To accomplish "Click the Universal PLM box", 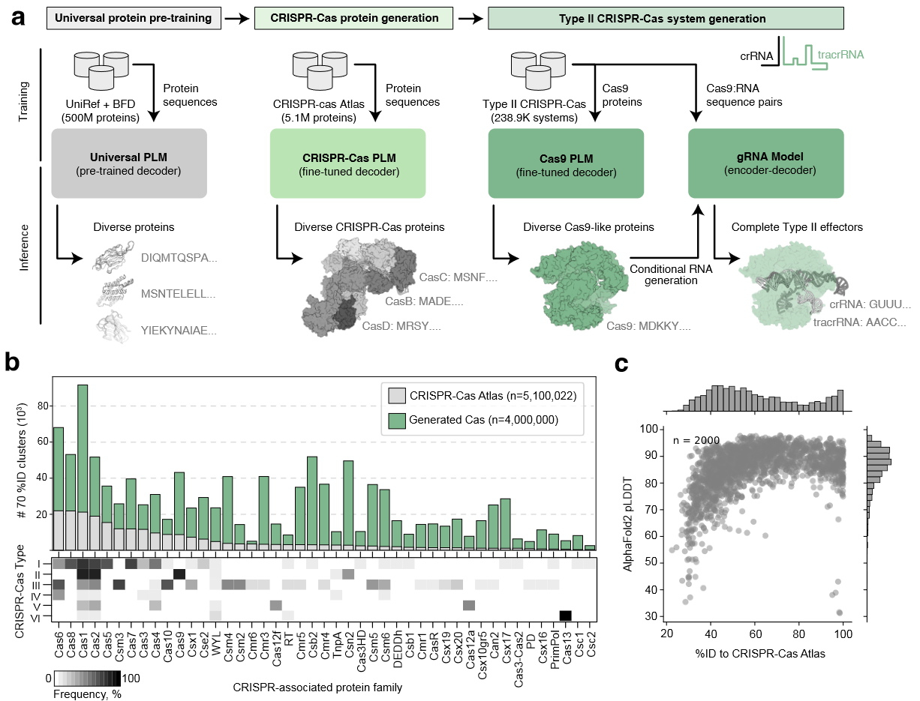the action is tap(128, 163).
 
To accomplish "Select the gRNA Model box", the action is tap(765, 163).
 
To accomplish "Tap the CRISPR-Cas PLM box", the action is tap(347, 163).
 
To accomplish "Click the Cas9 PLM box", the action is tap(566, 163).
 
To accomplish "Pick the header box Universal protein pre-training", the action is tap(134, 18).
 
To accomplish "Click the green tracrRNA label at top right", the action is tap(840, 55).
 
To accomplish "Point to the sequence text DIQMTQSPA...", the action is tap(179, 258).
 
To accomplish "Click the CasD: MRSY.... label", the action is tap(401, 326).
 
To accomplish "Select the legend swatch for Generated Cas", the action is tap(396, 420).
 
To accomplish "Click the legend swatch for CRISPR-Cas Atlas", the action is tap(396, 396).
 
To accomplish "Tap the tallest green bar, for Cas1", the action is tap(83, 448).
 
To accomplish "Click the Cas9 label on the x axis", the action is tap(180, 645).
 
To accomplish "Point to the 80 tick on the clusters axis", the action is tap(43, 406).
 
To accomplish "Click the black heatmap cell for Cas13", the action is tap(565, 616).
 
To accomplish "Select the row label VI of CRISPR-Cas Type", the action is tap(35, 617).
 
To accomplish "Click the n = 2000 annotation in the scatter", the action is tap(696, 441).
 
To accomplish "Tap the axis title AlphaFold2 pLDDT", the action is tap(627, 524).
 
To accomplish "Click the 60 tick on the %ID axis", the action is tap(755, 634).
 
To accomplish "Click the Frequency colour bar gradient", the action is tap(87, 679).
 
